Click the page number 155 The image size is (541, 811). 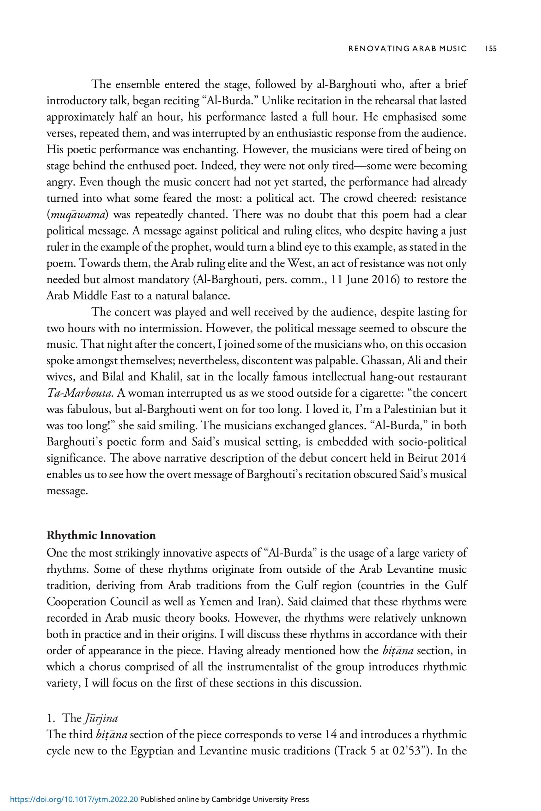pyautogui.click(x=491, y=48)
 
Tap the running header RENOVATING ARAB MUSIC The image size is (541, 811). pyautogui.click(x=408, y=48)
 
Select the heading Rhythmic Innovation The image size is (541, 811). pyautogui.click(x=101, y=535)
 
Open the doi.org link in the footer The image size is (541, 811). pyautogui.click(x=74, y=799)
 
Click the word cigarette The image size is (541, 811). pyautogui.click(x=383, y=393)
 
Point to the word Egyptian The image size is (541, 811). pyautogui.click(x=151, y=751)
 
